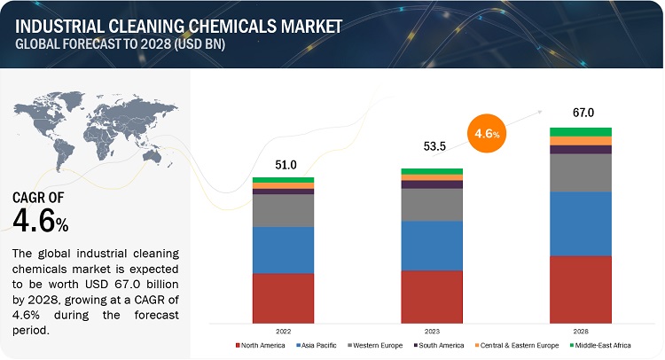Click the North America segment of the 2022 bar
[283, 297]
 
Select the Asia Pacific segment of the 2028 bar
[580, 223]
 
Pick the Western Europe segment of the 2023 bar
[432, 204]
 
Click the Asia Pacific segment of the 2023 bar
[432, 246]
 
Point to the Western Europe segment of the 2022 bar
[283, 210]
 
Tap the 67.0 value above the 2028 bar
[580, 113]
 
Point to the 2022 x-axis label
[283, 328]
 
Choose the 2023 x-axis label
[432, 328]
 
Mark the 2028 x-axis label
[580, 328]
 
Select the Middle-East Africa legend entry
[602, 345]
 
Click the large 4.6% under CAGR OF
[41, 218]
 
